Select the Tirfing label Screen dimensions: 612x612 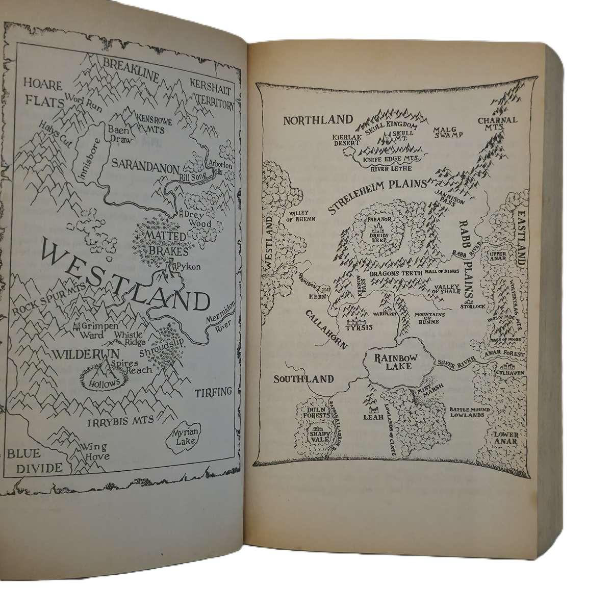point(213,392)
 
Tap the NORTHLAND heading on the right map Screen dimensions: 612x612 point(318,120)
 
